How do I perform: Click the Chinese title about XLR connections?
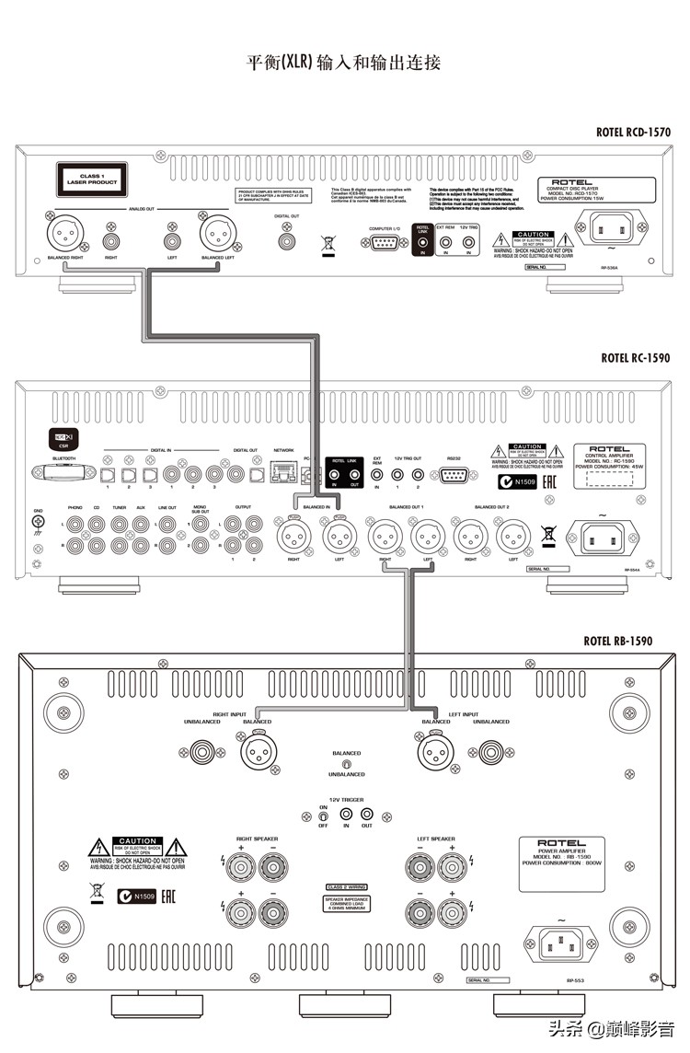click(345, 63)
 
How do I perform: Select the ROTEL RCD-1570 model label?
click(634, 133)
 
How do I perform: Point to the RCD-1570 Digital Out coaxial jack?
click(288, 240)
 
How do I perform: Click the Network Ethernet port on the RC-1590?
click(283, 473)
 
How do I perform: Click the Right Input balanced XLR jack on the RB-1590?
click(258, 753)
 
